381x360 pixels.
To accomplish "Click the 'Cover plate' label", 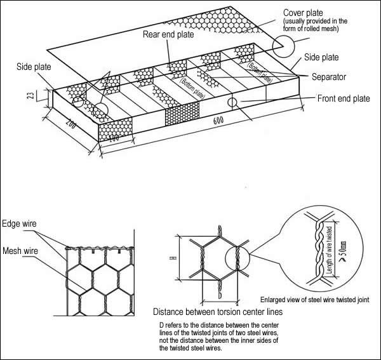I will pyautogui.click(x=302, y=12).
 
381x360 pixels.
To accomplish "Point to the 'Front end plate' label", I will pyautogui.click(x=343, y=98).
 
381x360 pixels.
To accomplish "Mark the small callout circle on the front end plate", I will pyautogui.click(x=232, y=102).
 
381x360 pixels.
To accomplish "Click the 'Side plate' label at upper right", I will pyautogui.click(x=321, y=58).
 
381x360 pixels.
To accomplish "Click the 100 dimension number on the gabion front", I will pyautogui.click(x=115, y=137).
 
